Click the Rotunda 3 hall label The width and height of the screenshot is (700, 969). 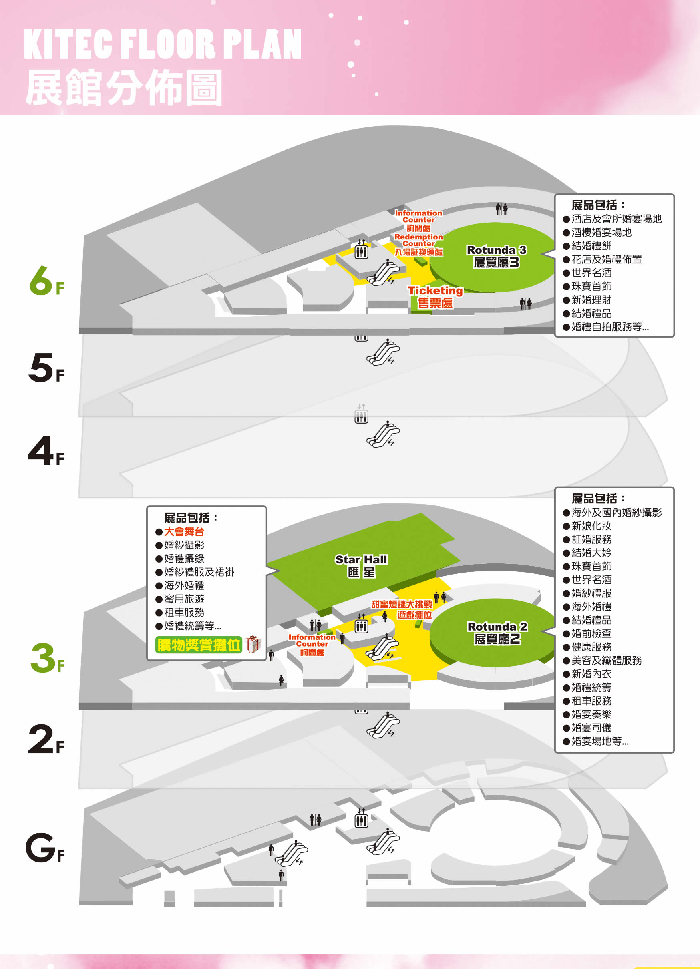click(x=496, y=256)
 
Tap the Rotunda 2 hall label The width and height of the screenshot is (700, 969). click(x=497, y=633)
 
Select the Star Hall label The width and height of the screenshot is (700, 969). click(x=361, y=566)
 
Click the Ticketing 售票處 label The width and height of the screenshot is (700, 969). click(x=435, y=297)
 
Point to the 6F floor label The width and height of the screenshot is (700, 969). click(x=46, y=281)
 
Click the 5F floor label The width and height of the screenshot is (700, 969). click(x=46, y=368)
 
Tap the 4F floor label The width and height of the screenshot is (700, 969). click(x=46, y=451)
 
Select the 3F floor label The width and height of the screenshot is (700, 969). click(x=47, y=658)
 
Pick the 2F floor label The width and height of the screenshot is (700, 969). click(x=46, y=739)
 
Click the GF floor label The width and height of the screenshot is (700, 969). click(x=45, y=848)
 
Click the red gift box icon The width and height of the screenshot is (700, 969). click(x=253, y=644)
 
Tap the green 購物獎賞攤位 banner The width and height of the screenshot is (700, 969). click(x=199, y=645)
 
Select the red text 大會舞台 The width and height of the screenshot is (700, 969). click(x=184, y=531)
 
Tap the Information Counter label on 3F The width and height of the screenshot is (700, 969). click(x=312, y=645)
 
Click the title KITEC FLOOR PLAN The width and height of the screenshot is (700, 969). click(x=163, y=44)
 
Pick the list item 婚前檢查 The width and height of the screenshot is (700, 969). click(x=591, y=633)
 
